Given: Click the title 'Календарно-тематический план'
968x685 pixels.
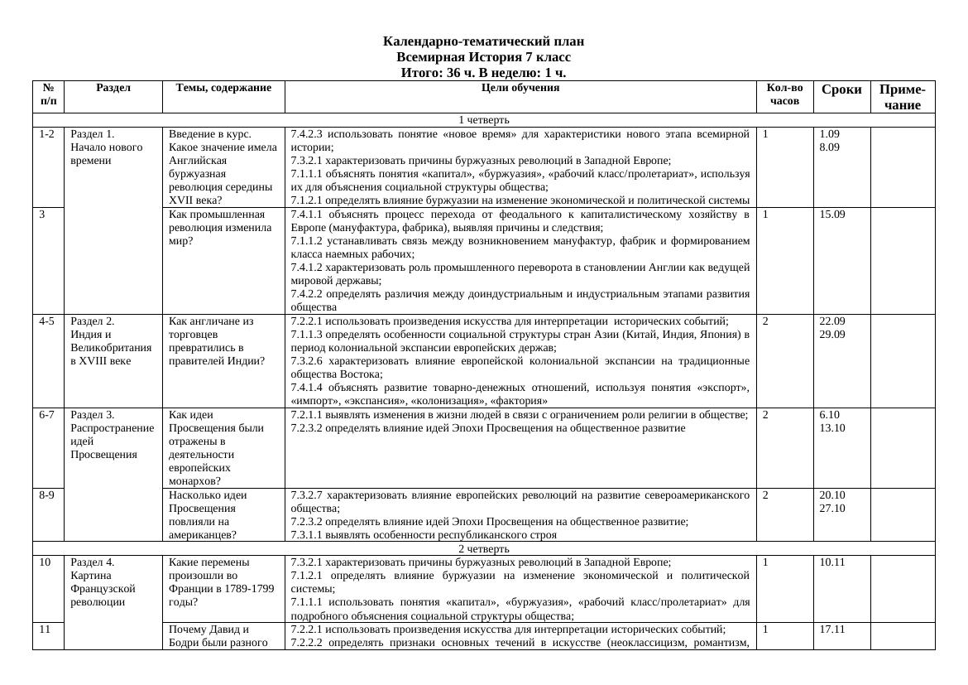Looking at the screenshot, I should pyautogui.click(x=483, y=41).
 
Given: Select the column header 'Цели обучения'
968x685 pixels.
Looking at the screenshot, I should pyautogui.click(x=520, y=88).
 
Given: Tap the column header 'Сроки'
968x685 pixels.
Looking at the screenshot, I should pyautogui.click(x=841, y=89).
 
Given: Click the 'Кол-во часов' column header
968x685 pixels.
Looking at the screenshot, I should pyautogui.click(x=784, y=94).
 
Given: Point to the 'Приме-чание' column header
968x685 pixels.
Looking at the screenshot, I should pyautogui.click(x=902, y=97).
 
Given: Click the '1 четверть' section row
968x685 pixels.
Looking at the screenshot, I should pyautogui.click(x=483, y=120).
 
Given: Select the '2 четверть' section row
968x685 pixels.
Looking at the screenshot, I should pyautogui.click(x=483, y=548).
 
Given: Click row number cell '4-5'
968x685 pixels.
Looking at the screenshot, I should pyautogui.click(x=47, y=321).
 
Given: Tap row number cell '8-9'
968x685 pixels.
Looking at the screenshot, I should pyautogui.click(x=47, y=495).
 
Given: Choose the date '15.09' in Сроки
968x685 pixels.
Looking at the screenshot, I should pyautogui.click(x=831, y=215).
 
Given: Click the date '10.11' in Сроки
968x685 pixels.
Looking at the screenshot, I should pyautogui.click(x=831, y=562).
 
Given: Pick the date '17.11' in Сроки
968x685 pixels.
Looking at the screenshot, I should pyautogui.click(x=831, y=630).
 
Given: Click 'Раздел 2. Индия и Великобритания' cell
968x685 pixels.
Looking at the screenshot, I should pyautogui.click(x=112, y=341).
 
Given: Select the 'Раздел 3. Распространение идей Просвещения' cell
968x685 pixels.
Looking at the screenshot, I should pyautogui.click(x=112, y=435).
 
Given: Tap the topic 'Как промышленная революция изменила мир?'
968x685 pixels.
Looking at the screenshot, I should pyautogui.click(x=220, y=228).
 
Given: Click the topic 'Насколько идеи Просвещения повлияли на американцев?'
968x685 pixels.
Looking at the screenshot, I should pyautogui.click(x=208, y=514).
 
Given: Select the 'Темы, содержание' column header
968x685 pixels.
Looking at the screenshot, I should pyautogui.click(x=223, y=88).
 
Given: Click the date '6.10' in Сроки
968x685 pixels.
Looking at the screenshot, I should pyautogui.click(x=829, y=415).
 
